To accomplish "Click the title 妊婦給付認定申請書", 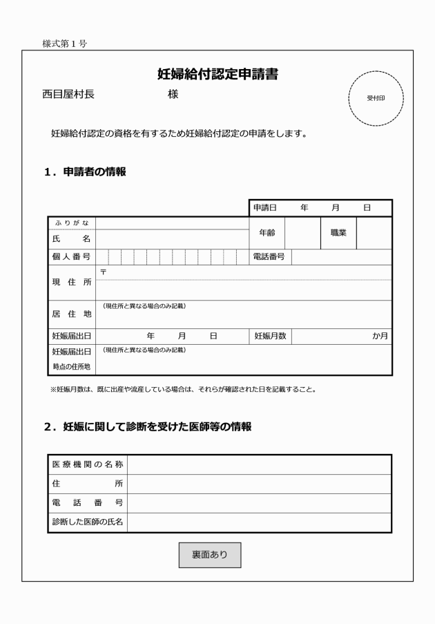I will point(217,75).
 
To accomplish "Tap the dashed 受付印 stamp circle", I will point(376,98).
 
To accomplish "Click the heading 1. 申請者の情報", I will point(84,172).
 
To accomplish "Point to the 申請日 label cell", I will point(264,207).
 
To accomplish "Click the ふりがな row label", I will point(72,223).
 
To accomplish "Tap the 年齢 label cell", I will point(267,233).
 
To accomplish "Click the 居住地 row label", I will point(72,314).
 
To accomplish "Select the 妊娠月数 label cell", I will point(270,336).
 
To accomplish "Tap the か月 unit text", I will point(380,336).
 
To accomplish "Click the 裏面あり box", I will point(210,554).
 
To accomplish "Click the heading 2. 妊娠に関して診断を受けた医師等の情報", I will point(148,427).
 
